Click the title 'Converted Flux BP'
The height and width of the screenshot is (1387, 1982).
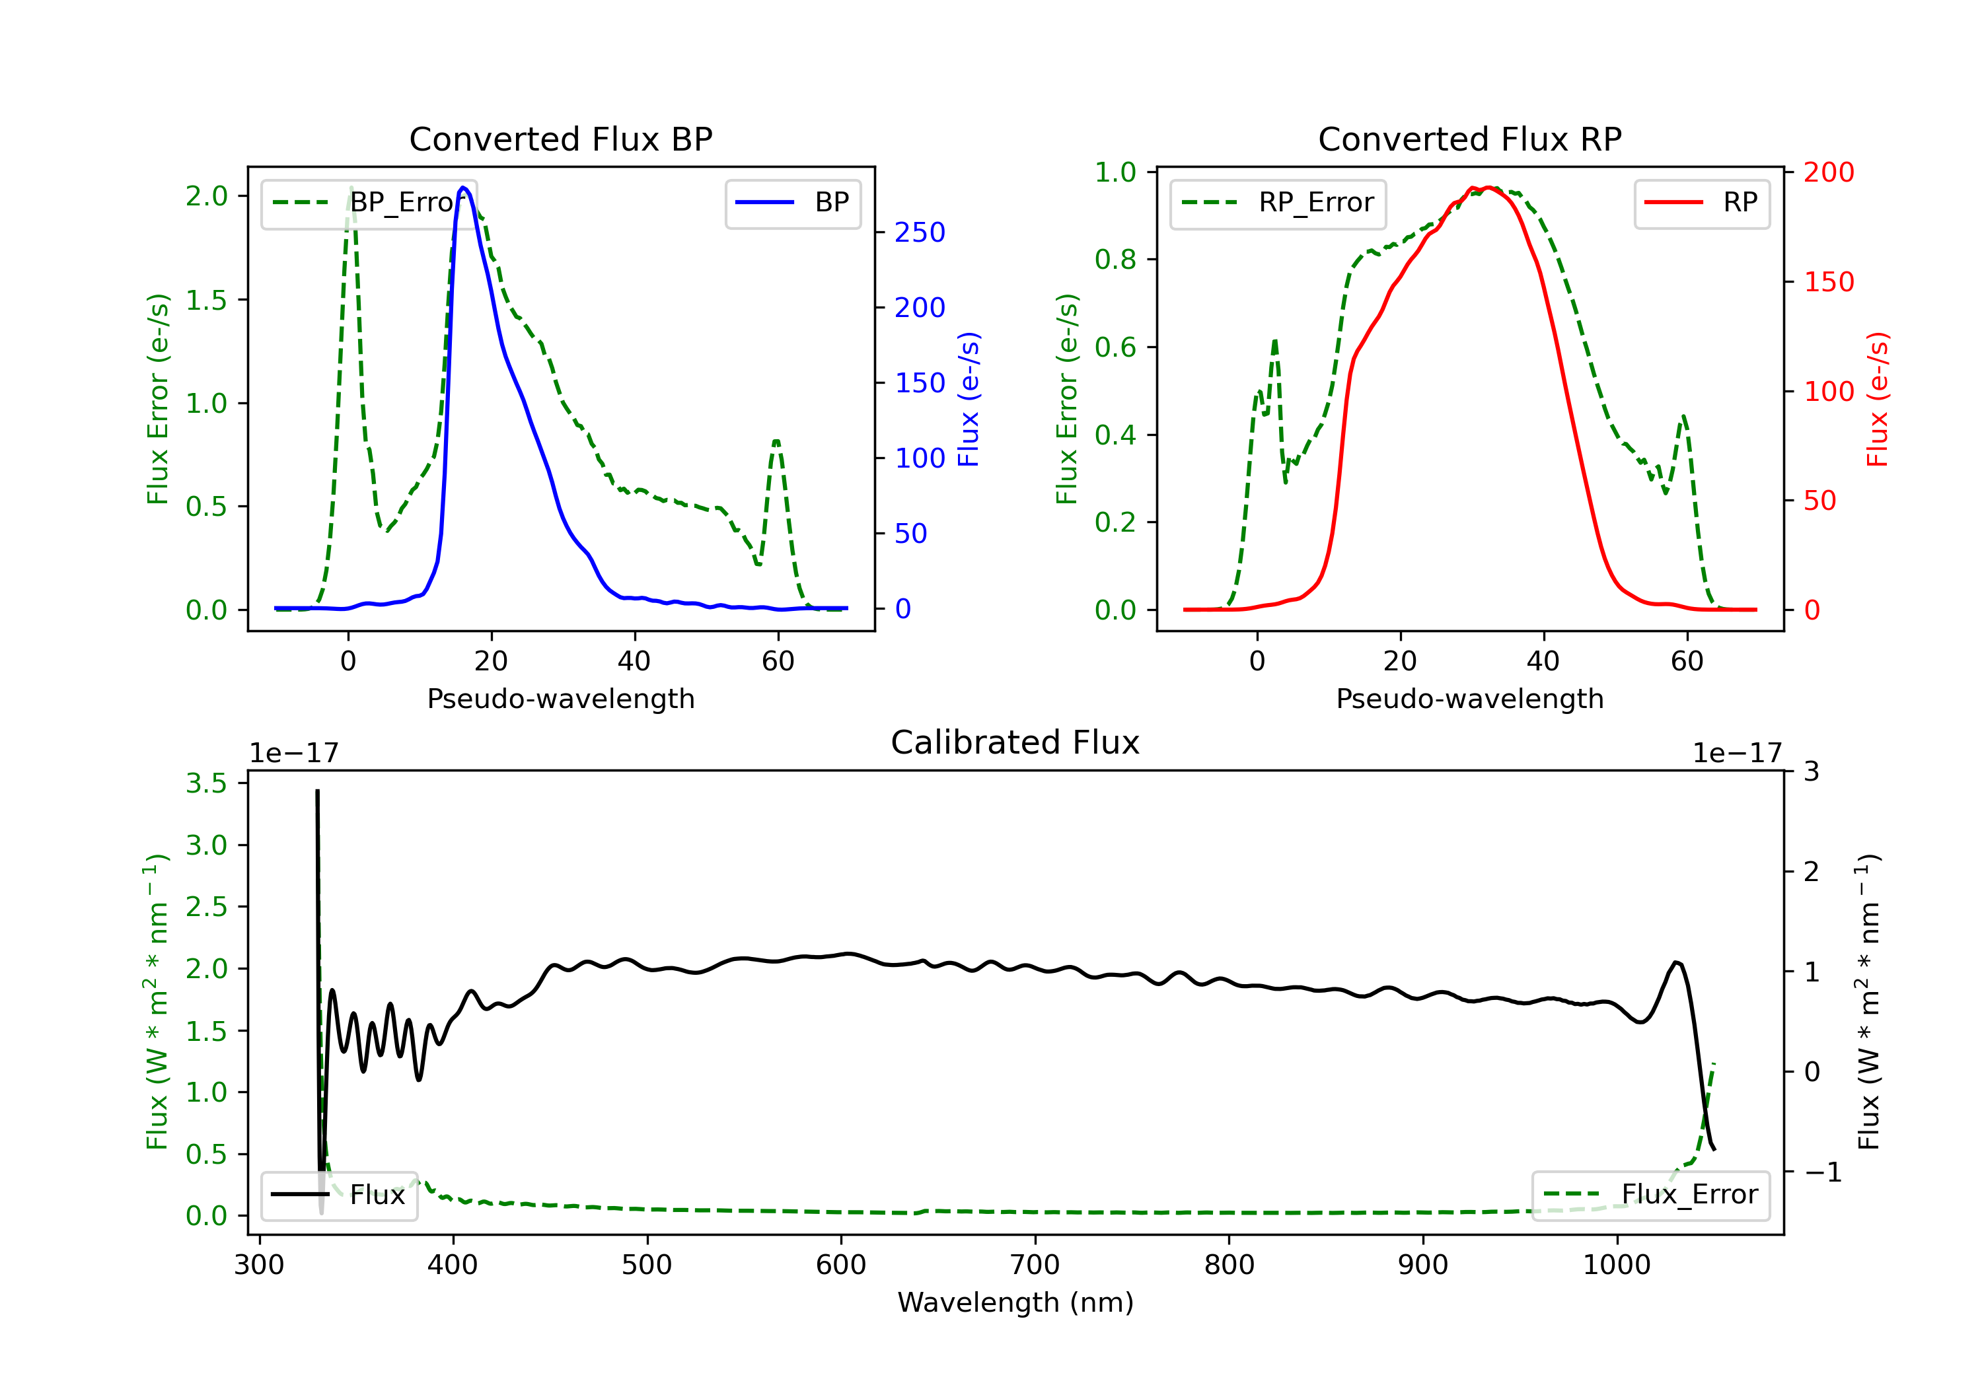click(x=561, y=139)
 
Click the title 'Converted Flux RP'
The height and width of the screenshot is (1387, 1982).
click(x=1470, y=139)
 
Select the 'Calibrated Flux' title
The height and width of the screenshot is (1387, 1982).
click(x=1015, y=742)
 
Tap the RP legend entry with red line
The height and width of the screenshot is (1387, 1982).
click(x=1701, y=203)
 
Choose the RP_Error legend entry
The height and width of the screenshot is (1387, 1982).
click(x=1278, y=203)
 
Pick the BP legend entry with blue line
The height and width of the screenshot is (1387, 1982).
click(x=792, y=203)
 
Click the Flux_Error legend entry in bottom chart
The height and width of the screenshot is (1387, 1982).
click(x=1650, y=1195)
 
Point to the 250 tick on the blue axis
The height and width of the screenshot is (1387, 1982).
click(x=920, y=232)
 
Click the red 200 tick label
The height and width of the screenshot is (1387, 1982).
click(x=1828, y=172)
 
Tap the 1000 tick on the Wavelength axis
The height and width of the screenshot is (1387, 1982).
click(x=1616, y=1265)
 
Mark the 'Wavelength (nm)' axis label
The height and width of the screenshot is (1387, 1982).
click(x=1015, y=1302)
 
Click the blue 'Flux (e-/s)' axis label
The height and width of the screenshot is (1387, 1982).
click(x=969, y=400)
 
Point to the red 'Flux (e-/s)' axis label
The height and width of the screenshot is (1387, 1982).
click(x=1878, y=400)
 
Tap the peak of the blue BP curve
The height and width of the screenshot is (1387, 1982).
click(x=464, y=188)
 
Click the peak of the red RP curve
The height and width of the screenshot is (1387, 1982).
click(x=1488, y=188)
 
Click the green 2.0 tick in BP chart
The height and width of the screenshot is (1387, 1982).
click(x=206, y=196)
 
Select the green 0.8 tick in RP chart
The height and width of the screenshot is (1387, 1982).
click(x=1115, y=260)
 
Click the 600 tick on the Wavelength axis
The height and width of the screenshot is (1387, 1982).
click(x=841, y=1265)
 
